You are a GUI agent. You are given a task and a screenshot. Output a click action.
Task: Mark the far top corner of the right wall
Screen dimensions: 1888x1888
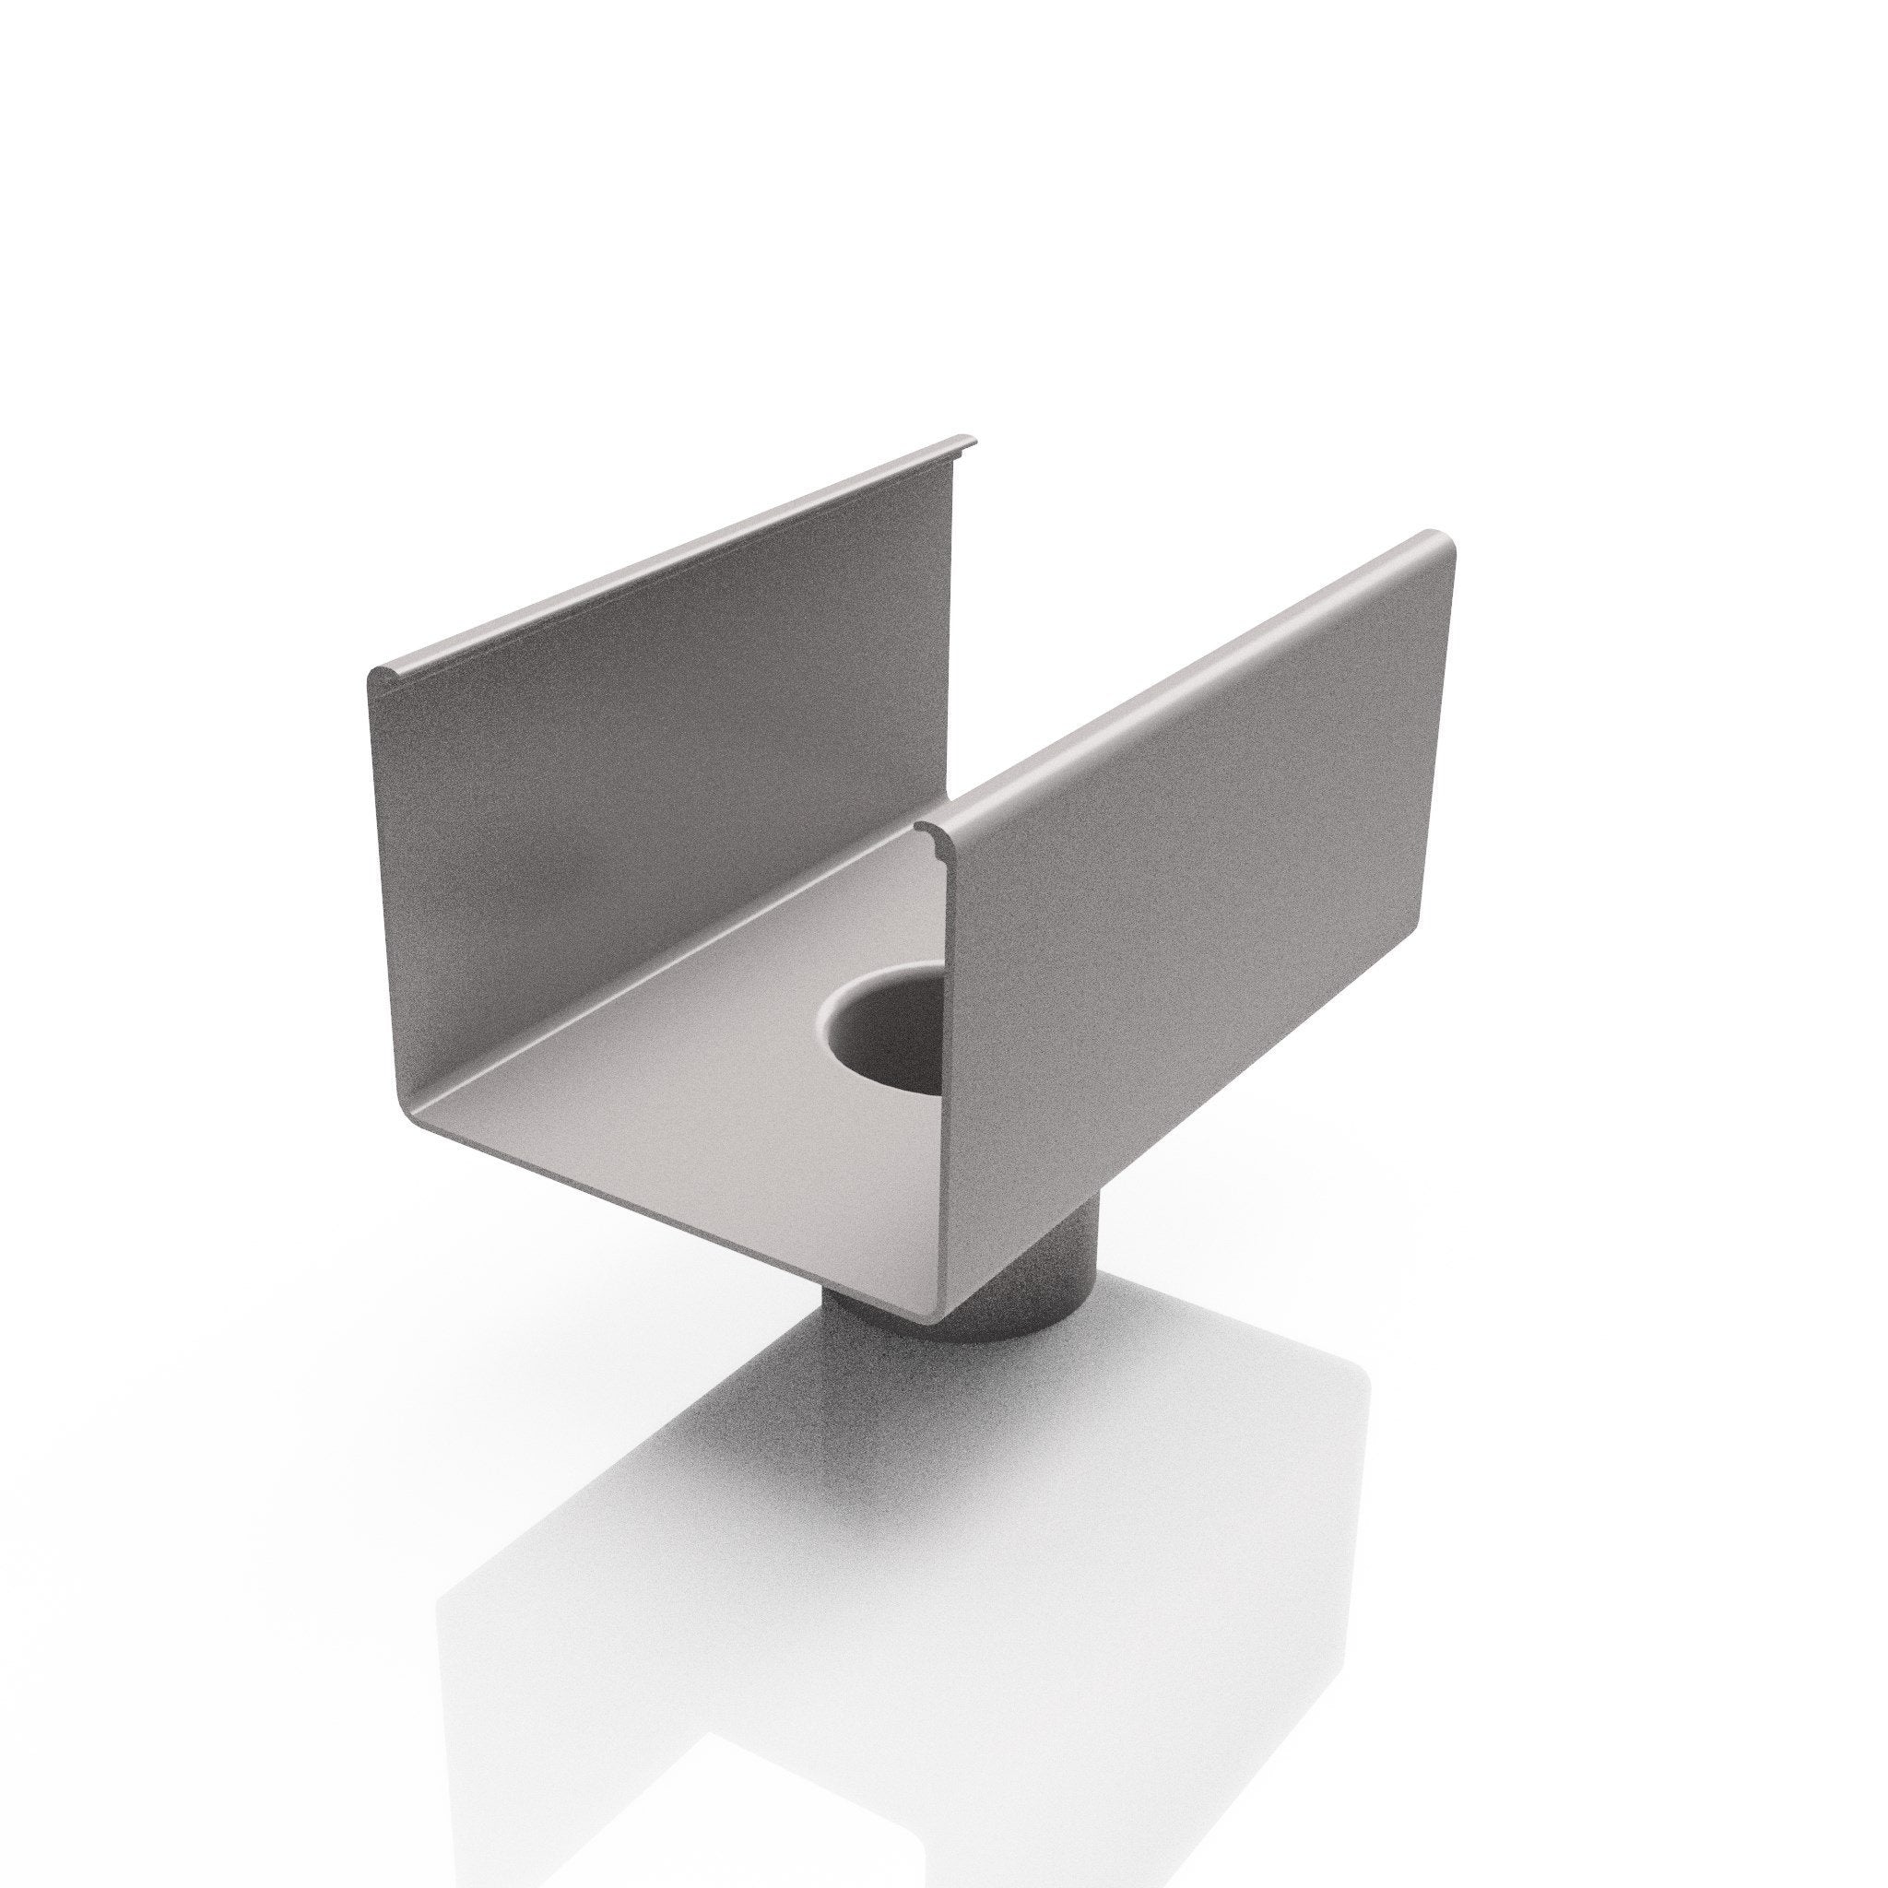[x=1446, y=543]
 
